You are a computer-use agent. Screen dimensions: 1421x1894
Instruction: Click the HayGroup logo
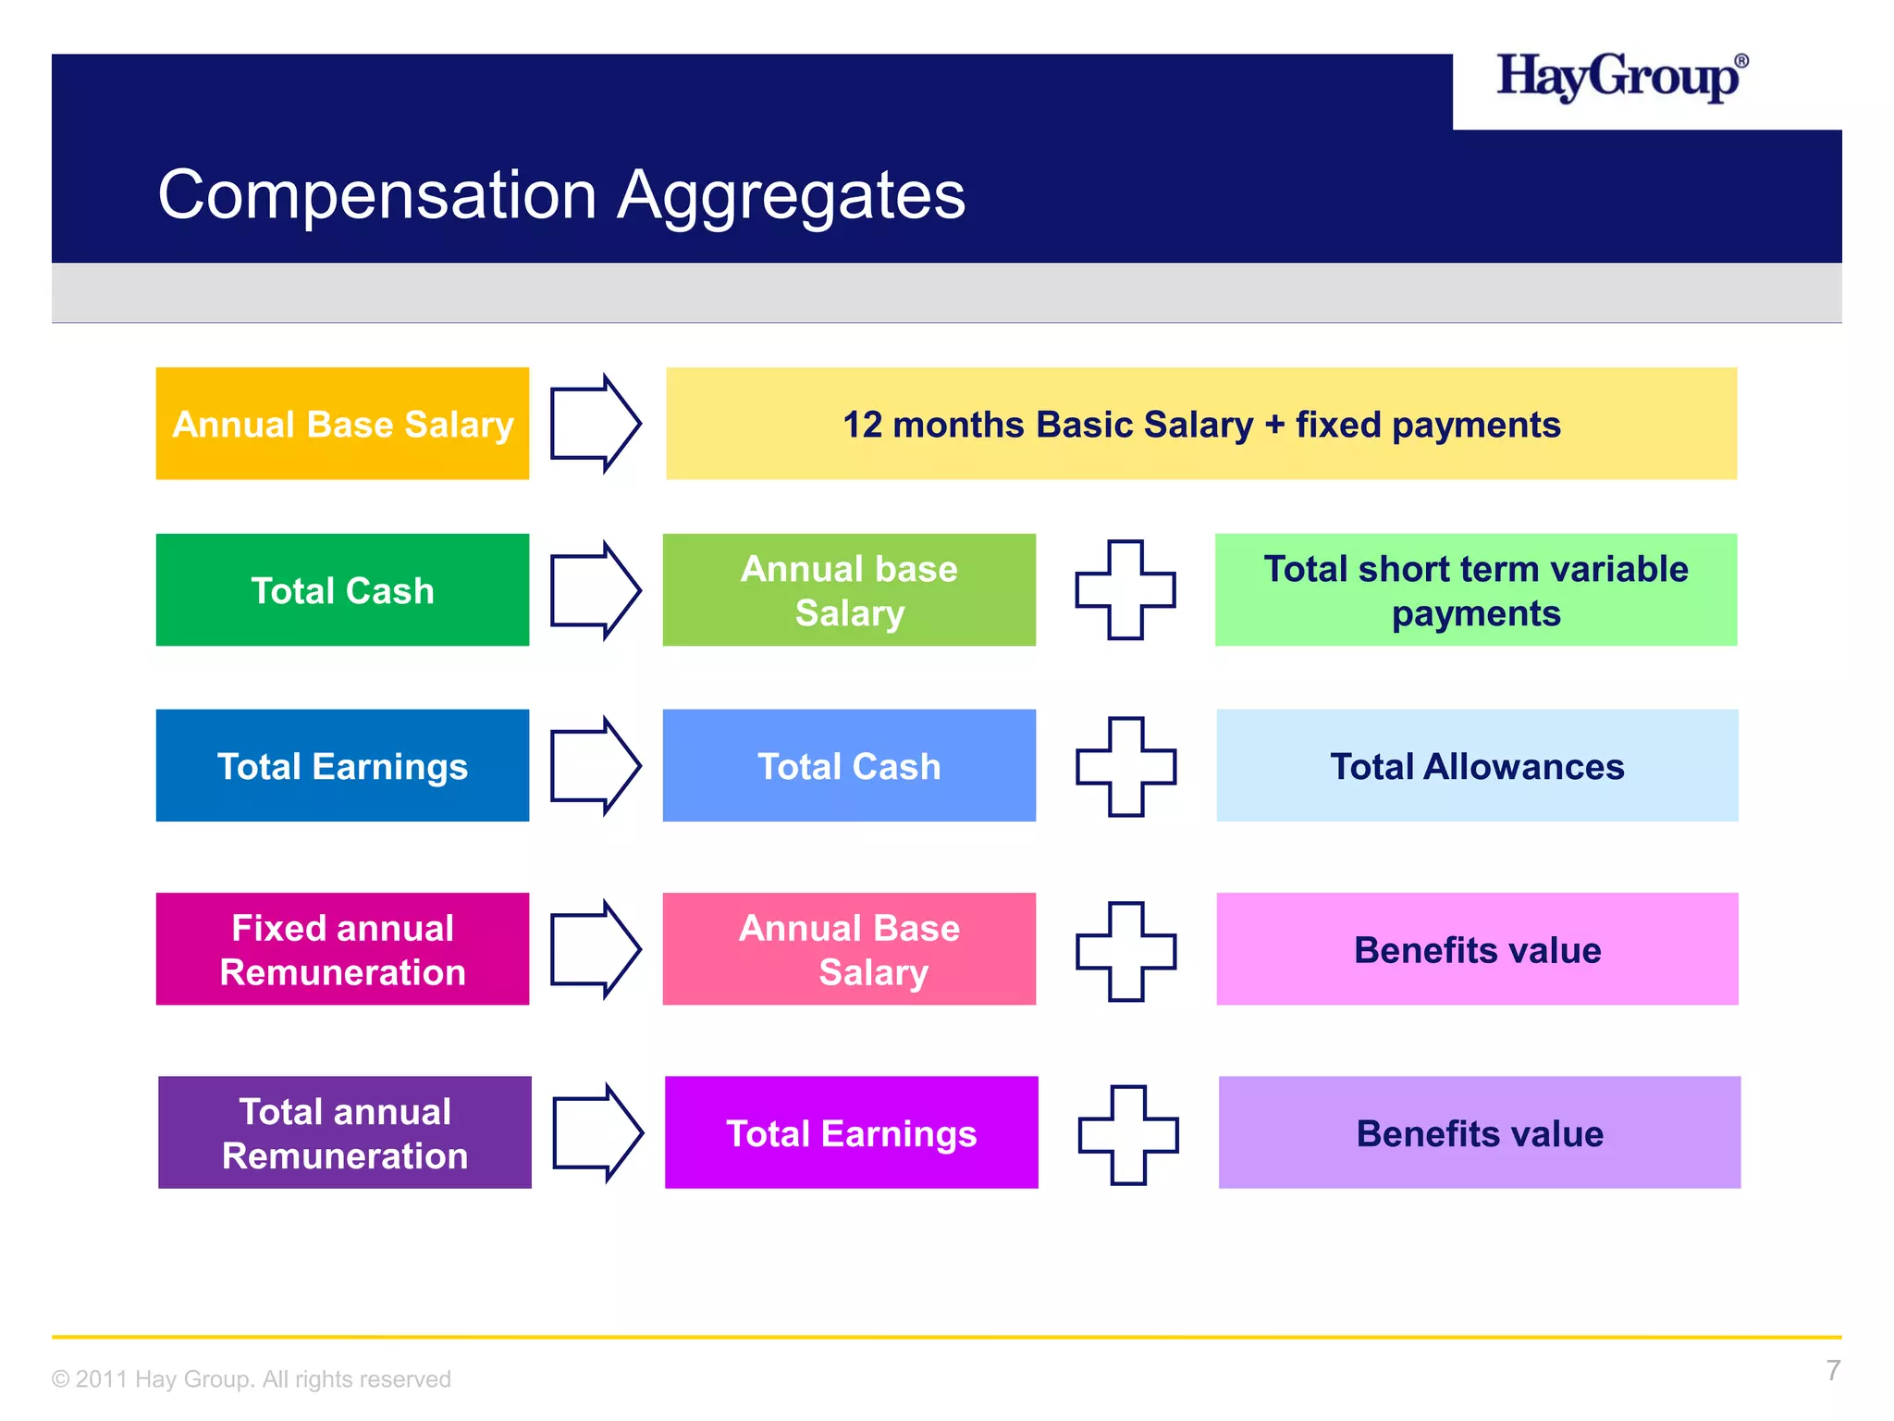(x=1621, y=78)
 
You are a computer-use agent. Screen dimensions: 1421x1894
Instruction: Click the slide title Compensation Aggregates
(x=561, y=195)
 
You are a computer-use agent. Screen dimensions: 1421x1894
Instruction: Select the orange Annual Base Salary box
(x=342, y=424)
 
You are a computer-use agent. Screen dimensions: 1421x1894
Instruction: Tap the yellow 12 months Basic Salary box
(x=1200, y=424)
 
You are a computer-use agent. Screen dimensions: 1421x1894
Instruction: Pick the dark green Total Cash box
(x=342, y=590)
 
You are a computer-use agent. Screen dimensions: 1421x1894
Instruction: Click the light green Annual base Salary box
(x=849, y=590)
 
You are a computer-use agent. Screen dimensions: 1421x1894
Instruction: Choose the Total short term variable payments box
(x=1475, y=590)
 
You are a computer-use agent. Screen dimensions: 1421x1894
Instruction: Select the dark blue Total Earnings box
(x=342, y=766)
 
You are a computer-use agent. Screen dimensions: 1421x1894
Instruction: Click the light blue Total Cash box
(x=849, y=766)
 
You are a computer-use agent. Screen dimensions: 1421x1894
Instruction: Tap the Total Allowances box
(x=1477, y=766)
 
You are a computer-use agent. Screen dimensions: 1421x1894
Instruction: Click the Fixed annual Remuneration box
(x=342, y=949)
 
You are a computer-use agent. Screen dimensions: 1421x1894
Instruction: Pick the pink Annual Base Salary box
(x=849, y=949)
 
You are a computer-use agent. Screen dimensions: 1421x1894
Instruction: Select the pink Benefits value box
(x=1477, y=949)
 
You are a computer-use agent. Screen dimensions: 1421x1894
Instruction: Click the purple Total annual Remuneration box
(x=345, y=1132)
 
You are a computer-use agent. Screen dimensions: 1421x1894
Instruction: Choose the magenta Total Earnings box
(x=851, y=1132)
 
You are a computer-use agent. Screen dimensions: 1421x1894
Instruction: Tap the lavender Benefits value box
(x=1479, y=1132)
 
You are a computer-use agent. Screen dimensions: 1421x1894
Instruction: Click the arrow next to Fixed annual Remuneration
(x=595, y=949)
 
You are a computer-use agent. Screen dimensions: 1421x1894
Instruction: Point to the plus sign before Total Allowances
(x=1125, y=767)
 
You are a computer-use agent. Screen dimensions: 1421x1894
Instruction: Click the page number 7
(x=1832, y=1370)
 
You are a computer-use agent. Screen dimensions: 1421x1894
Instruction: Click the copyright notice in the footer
(x=252, y=1379)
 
